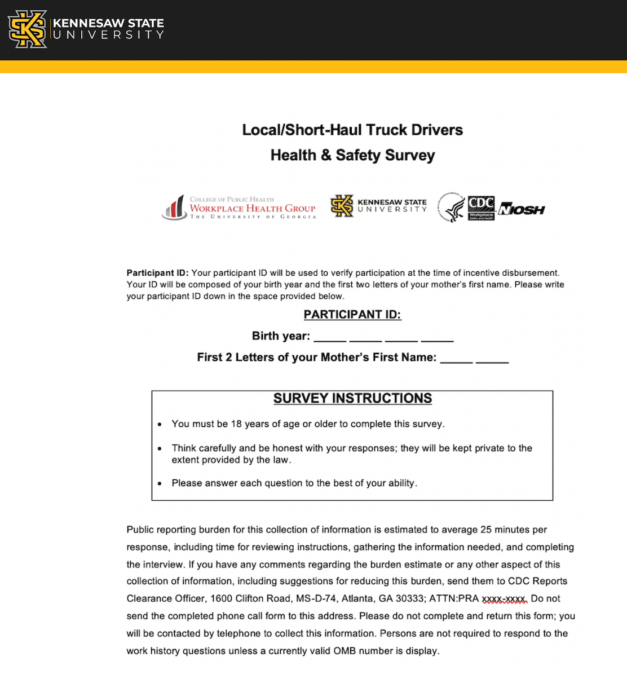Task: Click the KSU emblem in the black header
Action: pyautogui.click(x=27, y=29)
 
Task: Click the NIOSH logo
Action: pyautogui.click(x=522, y=210)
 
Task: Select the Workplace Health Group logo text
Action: pyautogui.click(x=252, y=208)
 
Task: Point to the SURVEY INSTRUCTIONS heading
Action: pyautogui.click(x=352, y=398)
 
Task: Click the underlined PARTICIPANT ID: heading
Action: pyautogui.click(x=352, y=315)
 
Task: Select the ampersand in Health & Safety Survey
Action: pyautogui.click(x=326, y=155)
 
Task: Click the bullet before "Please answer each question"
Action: pyautogui.click(x=160, y=484)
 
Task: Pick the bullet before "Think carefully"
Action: pyautogui.click(x=160, y=449)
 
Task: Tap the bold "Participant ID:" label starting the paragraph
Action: pyautogui.click(x=157, y=273)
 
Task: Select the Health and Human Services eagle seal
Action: pyautogui.click(x=452, y=208)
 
